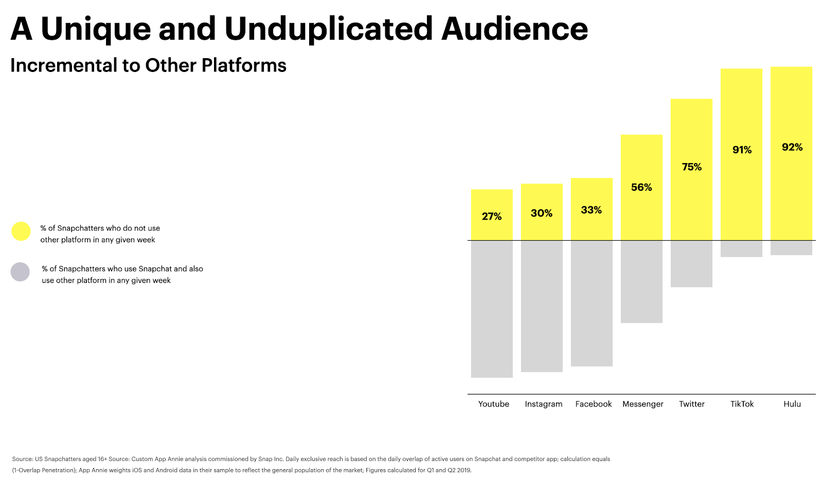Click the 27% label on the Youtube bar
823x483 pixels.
492,217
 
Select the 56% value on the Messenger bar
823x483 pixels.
641,187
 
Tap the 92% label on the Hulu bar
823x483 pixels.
792,147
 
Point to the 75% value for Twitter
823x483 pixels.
691,167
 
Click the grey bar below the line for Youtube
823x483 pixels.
492,309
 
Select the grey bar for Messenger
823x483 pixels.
641,282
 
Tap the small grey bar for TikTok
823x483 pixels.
741,248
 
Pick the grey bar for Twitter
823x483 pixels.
691,264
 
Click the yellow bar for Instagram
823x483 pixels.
542,212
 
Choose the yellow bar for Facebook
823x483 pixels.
592,209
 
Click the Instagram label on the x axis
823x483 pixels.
543,404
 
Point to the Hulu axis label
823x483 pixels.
792,404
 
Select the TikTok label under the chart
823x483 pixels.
742,404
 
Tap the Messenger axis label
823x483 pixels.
642,404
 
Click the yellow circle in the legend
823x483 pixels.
21,231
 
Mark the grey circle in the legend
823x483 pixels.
20,272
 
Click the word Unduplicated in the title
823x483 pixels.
329,29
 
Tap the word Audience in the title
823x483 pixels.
514,29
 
